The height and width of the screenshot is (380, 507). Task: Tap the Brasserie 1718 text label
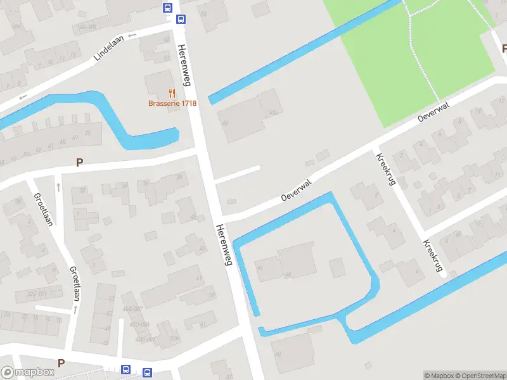172,103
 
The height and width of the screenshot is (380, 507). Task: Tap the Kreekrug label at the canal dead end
432,256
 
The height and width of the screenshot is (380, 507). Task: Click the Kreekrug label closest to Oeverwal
385,170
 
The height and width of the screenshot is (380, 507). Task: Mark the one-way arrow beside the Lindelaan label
132,35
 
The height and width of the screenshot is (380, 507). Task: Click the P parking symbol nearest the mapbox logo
61,363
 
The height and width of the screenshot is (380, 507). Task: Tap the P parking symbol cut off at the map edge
504,49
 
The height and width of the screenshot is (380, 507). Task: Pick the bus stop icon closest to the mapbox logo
126,370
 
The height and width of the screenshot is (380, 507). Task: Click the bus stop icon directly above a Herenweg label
181,19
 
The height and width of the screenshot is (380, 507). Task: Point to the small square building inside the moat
337,267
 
